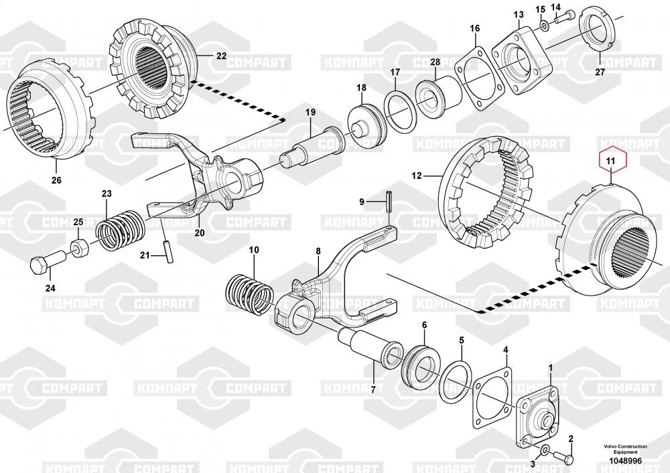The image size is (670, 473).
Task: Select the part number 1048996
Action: (x=625, y=461)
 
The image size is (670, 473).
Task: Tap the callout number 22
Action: (x=221, y=56)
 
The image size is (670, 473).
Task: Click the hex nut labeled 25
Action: (x=79, y=247)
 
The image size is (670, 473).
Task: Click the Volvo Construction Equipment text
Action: (x=625, y=449)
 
